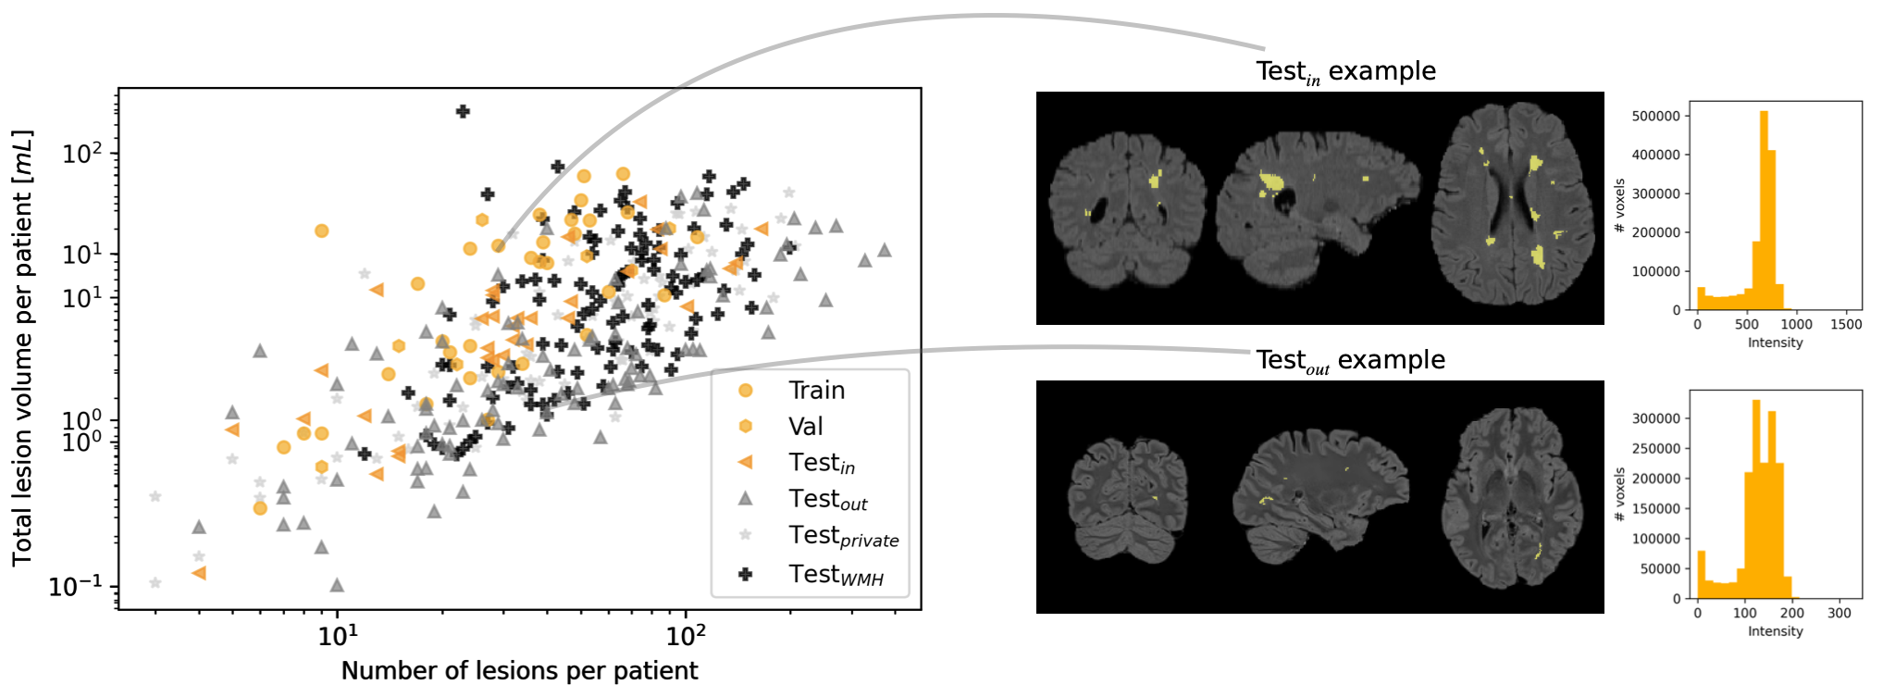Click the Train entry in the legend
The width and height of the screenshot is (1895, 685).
click(x=816, y=390)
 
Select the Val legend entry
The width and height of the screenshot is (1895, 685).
click(x=805, y=426)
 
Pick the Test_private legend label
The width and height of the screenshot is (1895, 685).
click(x=843, y=536)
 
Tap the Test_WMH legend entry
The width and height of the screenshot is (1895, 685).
click(x=836, y=575)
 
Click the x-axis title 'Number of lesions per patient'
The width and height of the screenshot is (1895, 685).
click(x=519, y=670)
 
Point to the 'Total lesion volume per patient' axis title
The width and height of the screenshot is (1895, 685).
click(x=22, y=348)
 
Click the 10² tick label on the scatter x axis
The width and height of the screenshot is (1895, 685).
click(x=685, y=636)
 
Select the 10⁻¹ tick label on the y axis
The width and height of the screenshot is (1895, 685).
click(x=76, y=587)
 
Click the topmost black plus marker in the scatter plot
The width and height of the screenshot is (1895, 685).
click(x=463, y=111)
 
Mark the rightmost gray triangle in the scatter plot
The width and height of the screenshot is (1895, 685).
click(x=885, y=250)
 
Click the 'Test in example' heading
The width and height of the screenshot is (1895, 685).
click(x=1345, y=71)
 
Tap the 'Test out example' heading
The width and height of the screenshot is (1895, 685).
click(x=1350, y=360)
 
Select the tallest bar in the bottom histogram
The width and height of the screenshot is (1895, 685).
click(x=1755, y=498)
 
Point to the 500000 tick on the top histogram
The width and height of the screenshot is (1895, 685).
click(x=1656, y=117)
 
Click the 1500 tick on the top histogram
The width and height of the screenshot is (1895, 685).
click(x=1846, y=325)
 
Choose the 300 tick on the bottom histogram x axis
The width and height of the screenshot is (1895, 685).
click(x=1839, y=613)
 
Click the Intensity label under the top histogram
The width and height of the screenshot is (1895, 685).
click(x=1775, y=342)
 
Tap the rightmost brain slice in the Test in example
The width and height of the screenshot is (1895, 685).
click(x=1514, y=207)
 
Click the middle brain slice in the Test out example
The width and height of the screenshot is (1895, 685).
click(x=1320, y=498)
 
